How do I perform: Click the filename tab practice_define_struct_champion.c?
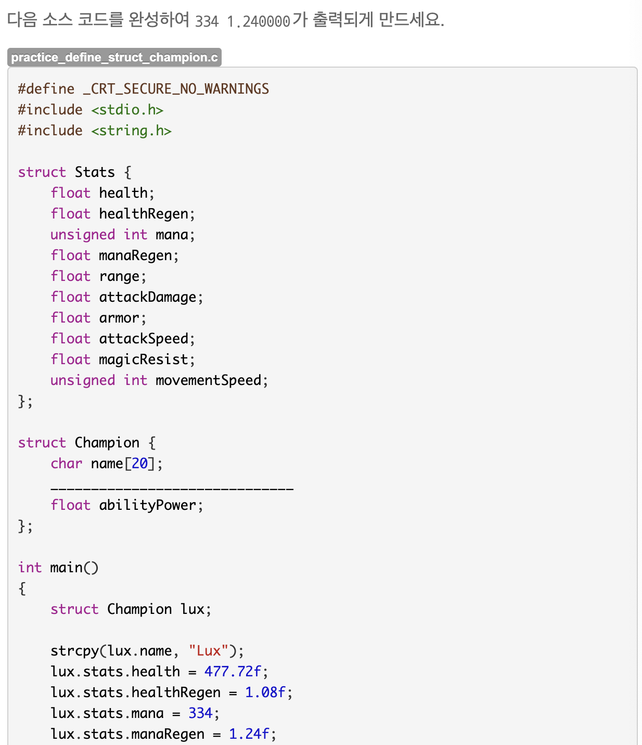pos(114,57)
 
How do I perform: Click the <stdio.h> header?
pos(127,110)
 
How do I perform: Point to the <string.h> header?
pos(131,131)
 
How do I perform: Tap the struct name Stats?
pos(94,172)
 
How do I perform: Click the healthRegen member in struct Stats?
pos(144,214)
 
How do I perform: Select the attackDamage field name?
pos(148,297)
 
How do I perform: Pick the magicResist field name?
pos(144,359)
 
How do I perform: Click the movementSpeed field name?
pos(208,380)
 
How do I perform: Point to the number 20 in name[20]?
pos(139,464)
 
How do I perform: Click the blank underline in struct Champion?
pos(172,489)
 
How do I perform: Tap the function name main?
pos(66,568)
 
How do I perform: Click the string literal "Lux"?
pos(209,651)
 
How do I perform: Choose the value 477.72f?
pos(233,672)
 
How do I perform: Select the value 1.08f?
pos(265,692)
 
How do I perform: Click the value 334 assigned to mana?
pos(200,713)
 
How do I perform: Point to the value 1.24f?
pos(249,734)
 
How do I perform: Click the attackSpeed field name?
pos(144,339)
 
